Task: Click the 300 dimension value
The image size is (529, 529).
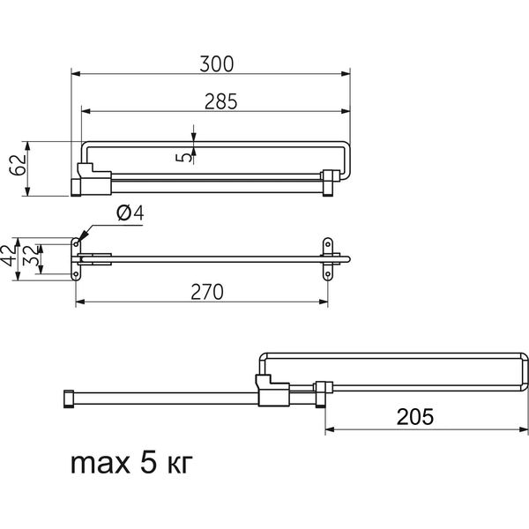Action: [x=216, y=64]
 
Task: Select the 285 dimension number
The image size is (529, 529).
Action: [x=221, y=101]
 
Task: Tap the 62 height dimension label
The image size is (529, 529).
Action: [x=18, y=165]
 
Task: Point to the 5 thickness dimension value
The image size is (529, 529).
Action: [x=184, y=157]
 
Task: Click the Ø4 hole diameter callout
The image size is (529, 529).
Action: [x=130, y=213]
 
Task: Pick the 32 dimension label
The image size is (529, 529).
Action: [x=31, y=256]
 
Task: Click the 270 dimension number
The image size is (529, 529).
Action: [x=207, y=292]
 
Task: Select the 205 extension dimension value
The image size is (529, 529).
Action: [x=415, y=417]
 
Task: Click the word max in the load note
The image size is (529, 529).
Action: [x=101, y=464]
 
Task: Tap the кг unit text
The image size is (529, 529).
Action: [x=180, y=465]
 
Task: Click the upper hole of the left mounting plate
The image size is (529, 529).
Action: [x=76, y=244]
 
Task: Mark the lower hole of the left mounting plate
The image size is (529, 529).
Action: [x=76, y=274]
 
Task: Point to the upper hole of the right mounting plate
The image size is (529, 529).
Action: [x=328, y=244]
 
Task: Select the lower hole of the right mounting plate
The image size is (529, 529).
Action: [x=328, y=274]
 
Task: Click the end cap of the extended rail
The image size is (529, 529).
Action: [x=69, y=399]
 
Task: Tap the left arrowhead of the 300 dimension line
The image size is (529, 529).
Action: [x=76, y=73]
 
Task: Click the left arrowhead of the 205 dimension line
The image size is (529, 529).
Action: [x=330, y=429]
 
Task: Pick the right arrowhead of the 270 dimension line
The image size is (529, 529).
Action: [x=324, y=302]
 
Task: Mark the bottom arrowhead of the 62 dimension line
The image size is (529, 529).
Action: [x=28, y=191]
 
